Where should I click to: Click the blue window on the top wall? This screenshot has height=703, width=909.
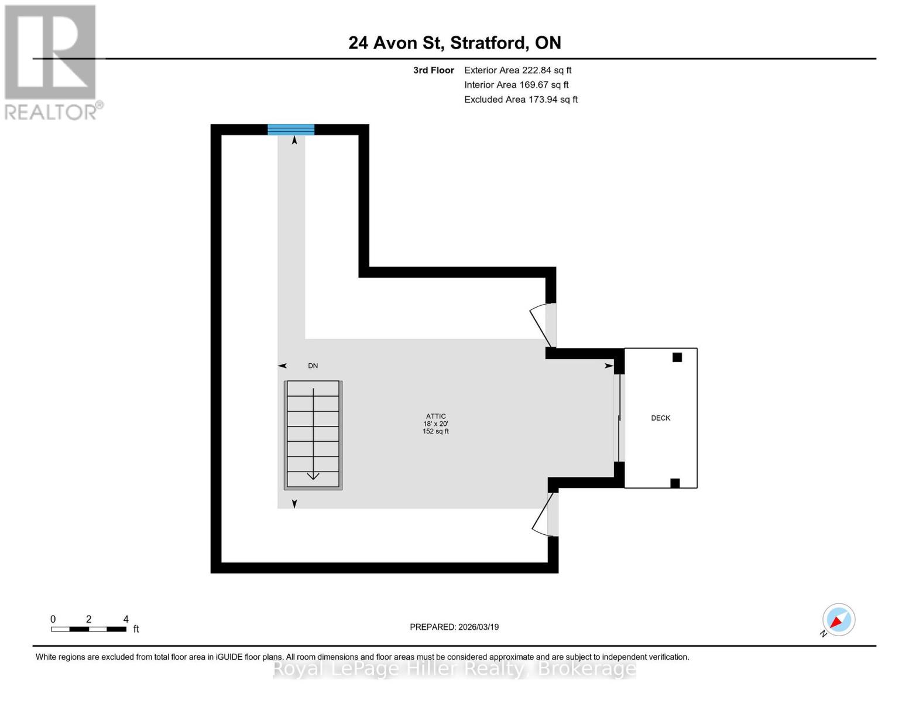click(291, 129)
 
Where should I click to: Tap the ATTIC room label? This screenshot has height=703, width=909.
click(435, 417)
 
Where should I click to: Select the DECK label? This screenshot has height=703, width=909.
click(660, 418)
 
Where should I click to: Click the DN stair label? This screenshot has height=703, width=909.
click(313, 366)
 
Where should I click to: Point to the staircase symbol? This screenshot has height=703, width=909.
click(313, 435)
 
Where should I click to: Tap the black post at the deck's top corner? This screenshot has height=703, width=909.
click(677, 357)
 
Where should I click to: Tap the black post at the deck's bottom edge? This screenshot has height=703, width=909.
click(675, 483)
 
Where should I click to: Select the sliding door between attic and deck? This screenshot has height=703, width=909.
click(619, 418)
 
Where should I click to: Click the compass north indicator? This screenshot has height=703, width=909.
click(838, 620)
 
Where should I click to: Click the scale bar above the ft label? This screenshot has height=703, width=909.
click(88, 629)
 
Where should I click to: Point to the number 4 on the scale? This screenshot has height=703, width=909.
click(126, 619)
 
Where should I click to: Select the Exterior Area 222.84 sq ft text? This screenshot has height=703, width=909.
click(517, 70)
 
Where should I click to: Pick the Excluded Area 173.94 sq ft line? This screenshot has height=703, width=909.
click(520, 100)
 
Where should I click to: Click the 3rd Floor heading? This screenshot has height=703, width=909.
click(433, 70)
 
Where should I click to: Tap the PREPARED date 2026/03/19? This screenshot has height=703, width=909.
click(454, 627)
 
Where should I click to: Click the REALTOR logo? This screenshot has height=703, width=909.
click(52, 62)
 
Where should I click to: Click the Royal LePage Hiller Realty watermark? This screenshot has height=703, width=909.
click(454, 668)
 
